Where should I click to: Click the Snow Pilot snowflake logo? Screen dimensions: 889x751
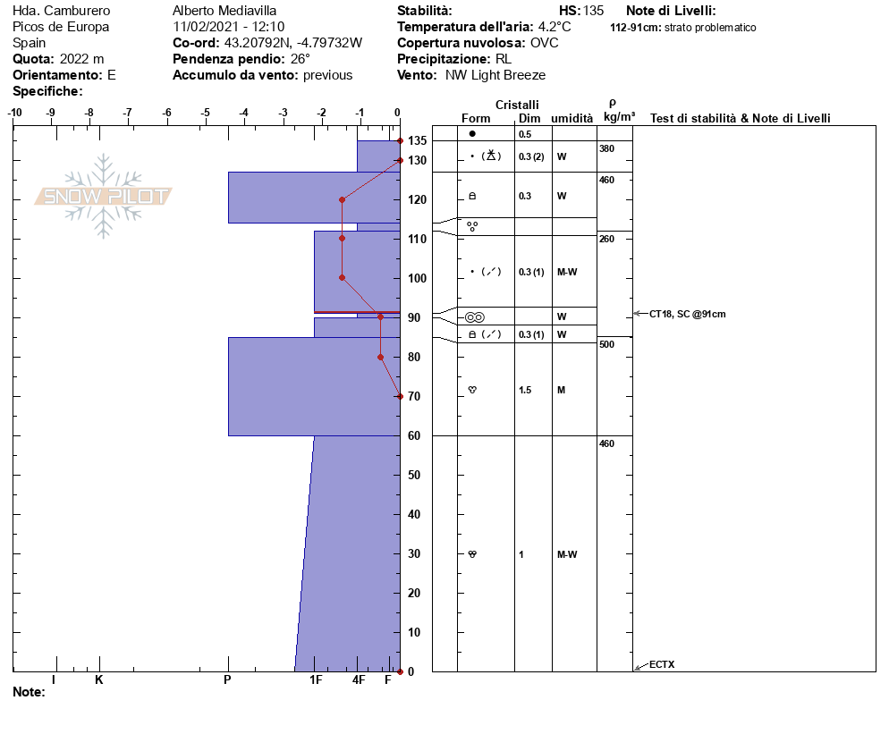103,196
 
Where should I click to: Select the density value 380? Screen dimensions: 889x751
606,148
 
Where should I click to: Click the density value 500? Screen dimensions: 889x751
606,344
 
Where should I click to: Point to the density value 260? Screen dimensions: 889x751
606,240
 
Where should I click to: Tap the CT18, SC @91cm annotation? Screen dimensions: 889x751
687,314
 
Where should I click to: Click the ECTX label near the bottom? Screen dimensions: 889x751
662,664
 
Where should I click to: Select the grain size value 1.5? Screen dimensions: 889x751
525,390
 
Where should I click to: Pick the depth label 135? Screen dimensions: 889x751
418,140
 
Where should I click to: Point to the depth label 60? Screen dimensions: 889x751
414,436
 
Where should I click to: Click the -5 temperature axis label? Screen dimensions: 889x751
205,113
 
